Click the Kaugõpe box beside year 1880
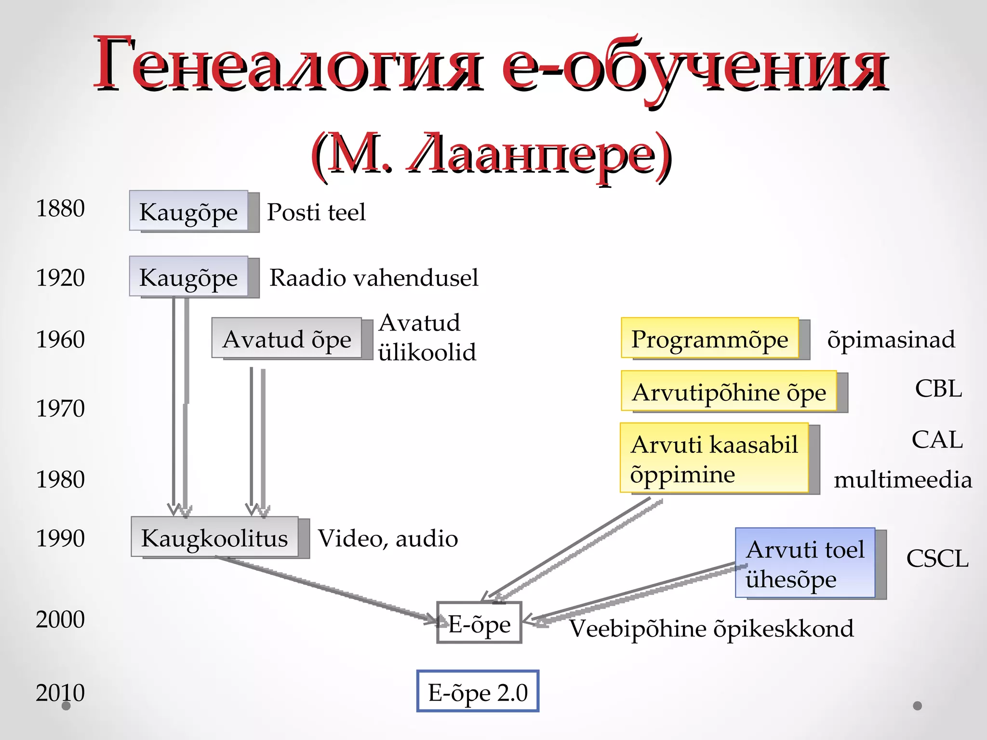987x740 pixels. [188, 211]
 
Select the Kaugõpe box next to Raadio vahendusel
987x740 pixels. [188, 277]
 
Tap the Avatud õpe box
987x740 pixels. [287, 338]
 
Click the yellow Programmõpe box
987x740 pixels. [709, 338]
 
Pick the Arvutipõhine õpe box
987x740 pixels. [729, 391]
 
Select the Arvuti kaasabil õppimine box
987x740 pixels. [714, 458]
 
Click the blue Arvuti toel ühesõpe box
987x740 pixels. [805, 563]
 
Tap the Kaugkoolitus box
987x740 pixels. [214, 537]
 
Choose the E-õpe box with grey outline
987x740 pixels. [479, 623]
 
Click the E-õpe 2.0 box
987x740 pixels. [478, 691]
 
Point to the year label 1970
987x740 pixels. [60, 408]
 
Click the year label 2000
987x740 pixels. [60, 619]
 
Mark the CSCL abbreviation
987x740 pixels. [937, 558]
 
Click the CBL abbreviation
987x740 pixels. [938, 388]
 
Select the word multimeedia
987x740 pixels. [903, 480]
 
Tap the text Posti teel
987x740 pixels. [316, 212]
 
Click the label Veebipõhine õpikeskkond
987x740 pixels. [711, 628]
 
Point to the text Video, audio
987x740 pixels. [388, 538]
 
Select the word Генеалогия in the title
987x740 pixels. [288, 65]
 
